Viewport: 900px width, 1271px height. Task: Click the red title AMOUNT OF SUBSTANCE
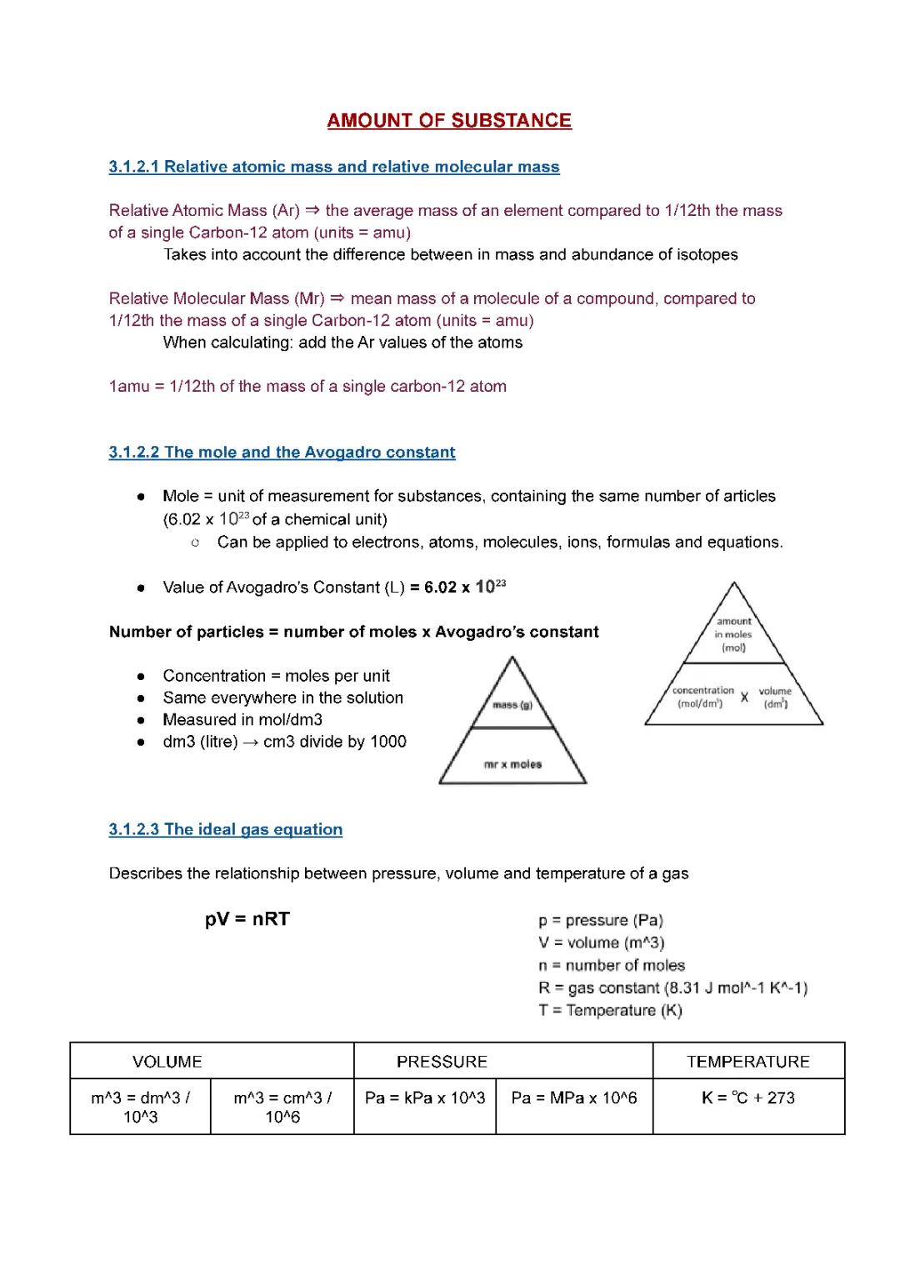coord(449,121)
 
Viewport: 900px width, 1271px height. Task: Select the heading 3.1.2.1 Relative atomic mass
coord(333,167)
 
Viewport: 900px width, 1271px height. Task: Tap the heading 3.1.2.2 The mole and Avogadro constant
coord(282,453)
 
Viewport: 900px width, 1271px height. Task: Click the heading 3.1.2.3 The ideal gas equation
coord(225,829)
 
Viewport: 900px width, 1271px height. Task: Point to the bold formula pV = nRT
coord(247,919)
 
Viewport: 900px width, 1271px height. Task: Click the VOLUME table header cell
coord(167,1062)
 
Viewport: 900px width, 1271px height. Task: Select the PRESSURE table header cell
coord(442,1062)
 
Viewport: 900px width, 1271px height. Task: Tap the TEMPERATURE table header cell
coord(747,1062)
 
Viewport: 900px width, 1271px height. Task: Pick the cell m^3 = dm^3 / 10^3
coord(140,1107)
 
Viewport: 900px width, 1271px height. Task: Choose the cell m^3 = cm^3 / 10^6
coord(282,1107)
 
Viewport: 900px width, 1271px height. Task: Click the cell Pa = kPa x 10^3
coord(424,1098)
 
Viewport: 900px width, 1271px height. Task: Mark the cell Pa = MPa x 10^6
coord(573,1098)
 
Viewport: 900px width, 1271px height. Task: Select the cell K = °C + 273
coord(747,1098)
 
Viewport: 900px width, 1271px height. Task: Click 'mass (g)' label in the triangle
coord(512,705)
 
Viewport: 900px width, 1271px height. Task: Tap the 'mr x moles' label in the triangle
coord(512,764)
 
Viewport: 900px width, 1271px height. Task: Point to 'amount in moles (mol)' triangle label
coord(733,634)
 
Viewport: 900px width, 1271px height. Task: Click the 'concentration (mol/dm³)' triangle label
coord(702,697)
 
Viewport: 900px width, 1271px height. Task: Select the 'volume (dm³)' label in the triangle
coord(775,697)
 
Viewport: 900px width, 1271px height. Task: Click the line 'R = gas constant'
coord(672,988)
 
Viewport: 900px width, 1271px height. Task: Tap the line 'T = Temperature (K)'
coord(610,1011)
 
